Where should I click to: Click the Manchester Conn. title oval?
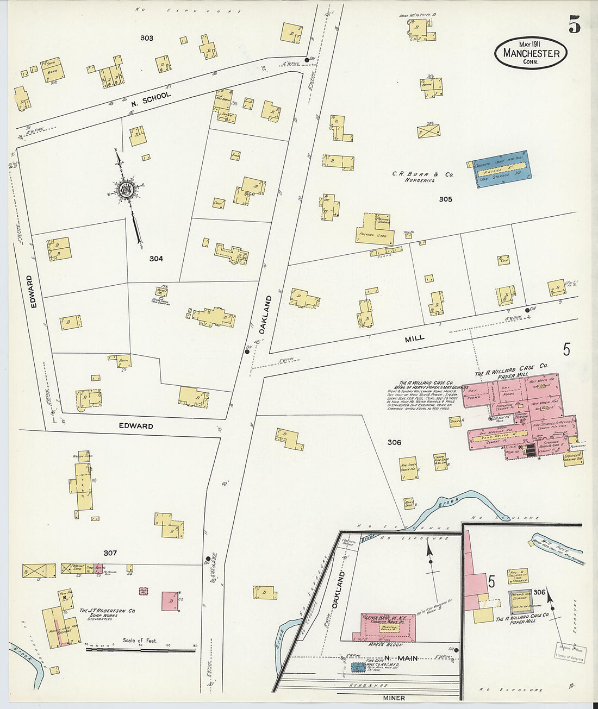(531, 53)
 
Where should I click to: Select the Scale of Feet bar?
(140, 649)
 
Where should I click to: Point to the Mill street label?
(414, 338)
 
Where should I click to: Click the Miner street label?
(394, 698)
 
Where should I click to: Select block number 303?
(146, 38)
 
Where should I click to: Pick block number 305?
(445, 199)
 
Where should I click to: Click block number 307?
(110, 553)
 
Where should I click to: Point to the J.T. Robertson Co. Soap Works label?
(107, 614)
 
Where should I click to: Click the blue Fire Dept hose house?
(358, 666)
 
